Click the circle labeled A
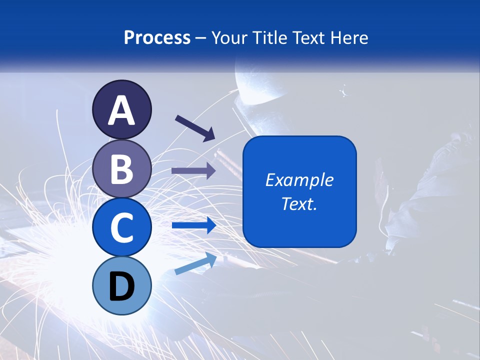(122, 109)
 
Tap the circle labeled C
(122, 227)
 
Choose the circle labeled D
(122, 285)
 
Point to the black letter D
(122, 286)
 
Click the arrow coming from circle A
(195, 127)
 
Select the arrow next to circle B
(193, 171)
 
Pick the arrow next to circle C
(193, 225)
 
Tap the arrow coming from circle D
(195, 263)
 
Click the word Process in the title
(157, 37)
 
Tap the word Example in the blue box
(299, 180)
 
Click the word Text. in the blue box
(299, 203)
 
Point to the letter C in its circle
(122, 227)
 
